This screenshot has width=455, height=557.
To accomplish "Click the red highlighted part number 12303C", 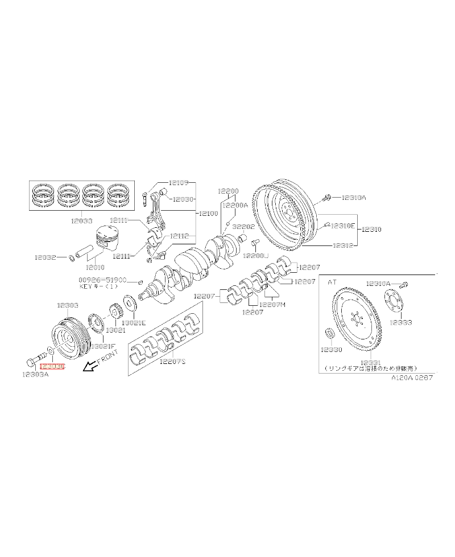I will tap(53, 368).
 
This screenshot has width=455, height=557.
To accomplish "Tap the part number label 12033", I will tap(83, 219).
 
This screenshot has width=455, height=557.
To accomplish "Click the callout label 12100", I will tap(208, 213).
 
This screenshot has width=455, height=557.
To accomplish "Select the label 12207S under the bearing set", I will tap(172, 361).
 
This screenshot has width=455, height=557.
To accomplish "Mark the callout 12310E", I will tap(343, 226).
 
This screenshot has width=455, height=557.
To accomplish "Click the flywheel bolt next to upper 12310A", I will tap(327, 198).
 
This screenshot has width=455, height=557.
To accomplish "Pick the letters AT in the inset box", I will tap(333, 281).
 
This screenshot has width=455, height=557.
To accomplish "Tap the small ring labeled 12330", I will tap(329, 334).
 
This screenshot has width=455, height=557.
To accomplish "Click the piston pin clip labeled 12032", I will tap(72, 257).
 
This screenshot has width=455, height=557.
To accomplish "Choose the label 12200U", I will tap(256, 256).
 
